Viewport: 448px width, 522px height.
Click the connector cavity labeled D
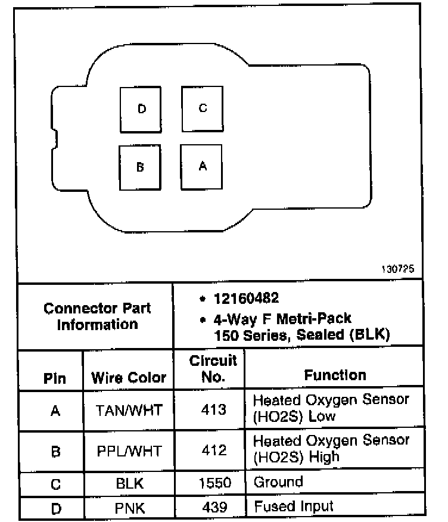[x=141, y=108]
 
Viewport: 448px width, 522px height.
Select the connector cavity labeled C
[x=203, y=108]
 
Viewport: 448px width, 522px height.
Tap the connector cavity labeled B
[x=140, y=167]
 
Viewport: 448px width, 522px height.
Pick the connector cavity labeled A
[x=202, y=166]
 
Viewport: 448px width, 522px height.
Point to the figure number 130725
[x=397, y=269]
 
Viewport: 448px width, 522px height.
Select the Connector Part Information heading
[x=97, y=316]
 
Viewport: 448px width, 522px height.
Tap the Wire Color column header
[x=129, y=378]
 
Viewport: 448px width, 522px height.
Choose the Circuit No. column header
[x=213, y=368]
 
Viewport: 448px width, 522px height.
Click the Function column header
[x=335, y=375]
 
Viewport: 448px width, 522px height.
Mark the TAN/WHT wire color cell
[x=129, y=410]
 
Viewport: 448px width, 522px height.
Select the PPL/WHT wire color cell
[x=129, y=450]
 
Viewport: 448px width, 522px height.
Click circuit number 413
[x=213, y=409]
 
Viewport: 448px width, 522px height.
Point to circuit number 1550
[x=213, y=483]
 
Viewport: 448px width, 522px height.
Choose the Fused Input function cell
[x=294, y=507]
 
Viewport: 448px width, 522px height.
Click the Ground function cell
[x=278, y=482]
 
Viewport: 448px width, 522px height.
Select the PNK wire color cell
[x=129, y=507]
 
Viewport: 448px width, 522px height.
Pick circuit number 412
[x=213, y=450]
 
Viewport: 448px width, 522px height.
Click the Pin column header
[x=55, y=379]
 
